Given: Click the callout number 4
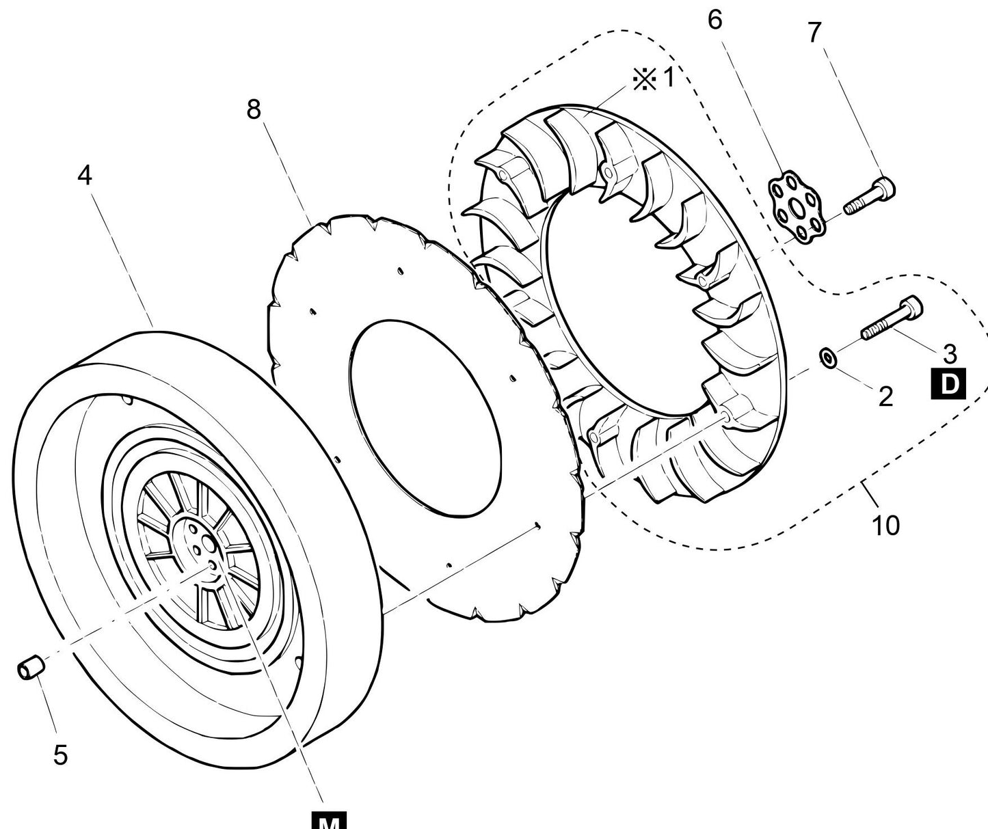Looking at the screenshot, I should [x=84, y=176].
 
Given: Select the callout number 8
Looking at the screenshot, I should [x=254, y=109].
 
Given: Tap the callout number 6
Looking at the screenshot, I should [x=715, y=21].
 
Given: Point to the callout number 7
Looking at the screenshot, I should [x=814, y=32].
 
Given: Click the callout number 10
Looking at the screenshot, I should [x=885, y=526].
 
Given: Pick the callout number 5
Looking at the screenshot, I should [x=60, y=755].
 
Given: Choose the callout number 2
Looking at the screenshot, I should [x=885, y=396].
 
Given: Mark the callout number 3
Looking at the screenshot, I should [x=950, y=353].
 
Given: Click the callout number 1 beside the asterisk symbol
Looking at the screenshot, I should [x=668, y=79].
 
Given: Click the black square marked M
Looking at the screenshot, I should [x=329, y=820].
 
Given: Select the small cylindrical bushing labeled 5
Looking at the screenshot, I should [x=31, y=668].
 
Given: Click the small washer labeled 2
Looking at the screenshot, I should [x=827, y=357].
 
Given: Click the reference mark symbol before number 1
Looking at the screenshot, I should [x=643, y=80].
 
